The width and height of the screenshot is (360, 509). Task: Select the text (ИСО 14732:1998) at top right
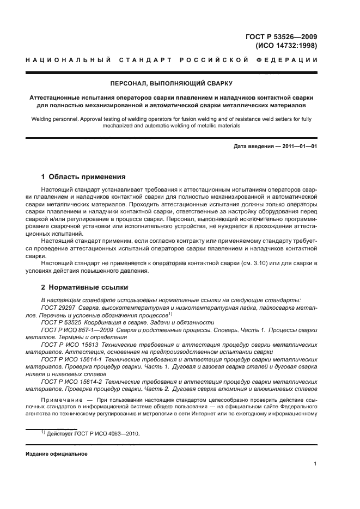(286, 46)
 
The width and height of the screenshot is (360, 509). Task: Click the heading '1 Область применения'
(84, 177)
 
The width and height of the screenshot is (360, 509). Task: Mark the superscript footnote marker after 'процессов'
(170, 313)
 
